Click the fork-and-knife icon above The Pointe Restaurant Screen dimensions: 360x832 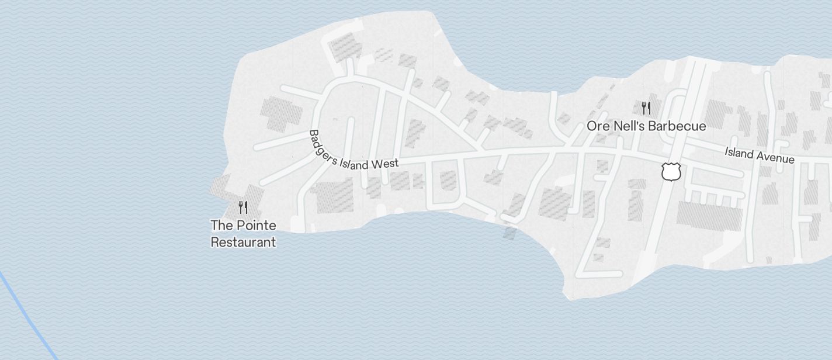[x=243, y=207]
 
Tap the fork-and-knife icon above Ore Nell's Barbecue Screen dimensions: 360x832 [x=646, y=108]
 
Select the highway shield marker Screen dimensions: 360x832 [x=671, y=172]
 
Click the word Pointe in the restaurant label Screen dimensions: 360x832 [x=255, y=226]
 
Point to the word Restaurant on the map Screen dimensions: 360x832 [x=243, y=241]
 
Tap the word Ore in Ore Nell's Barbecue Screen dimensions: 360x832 [x=599, y=126]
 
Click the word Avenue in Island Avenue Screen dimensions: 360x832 [x=774, y=157]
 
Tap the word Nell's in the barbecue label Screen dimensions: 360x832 [x=630, y=126]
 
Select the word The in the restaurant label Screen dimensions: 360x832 [x=221, y=226]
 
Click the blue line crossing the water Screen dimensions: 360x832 [x=29, y=316]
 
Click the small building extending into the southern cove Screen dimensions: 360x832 [x=509, y=233]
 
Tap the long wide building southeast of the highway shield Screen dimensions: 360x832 [x=709, y=216]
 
